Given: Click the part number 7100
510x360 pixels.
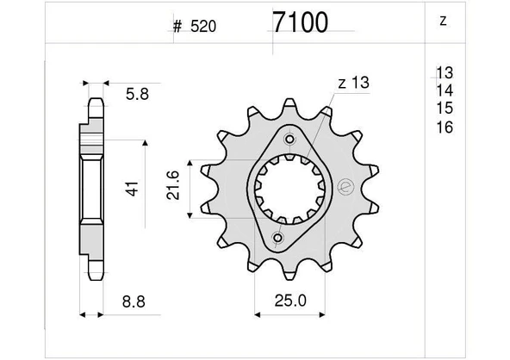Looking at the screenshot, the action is pos(300,22).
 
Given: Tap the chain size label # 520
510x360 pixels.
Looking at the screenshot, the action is pos(194,27).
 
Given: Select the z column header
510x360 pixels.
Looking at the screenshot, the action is pos(443,22).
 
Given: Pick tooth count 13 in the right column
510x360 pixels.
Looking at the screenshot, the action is pos(445,72).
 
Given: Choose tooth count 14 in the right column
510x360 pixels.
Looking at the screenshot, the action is pos(445,90).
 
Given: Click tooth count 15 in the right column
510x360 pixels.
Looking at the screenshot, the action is pos(445,108).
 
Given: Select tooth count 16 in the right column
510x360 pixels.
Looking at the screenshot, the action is pos(445,127).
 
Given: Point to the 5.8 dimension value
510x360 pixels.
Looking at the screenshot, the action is pos(137,95).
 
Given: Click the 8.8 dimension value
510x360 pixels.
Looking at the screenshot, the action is pos(134,301).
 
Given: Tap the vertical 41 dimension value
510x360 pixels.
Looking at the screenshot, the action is pos(133,189).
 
